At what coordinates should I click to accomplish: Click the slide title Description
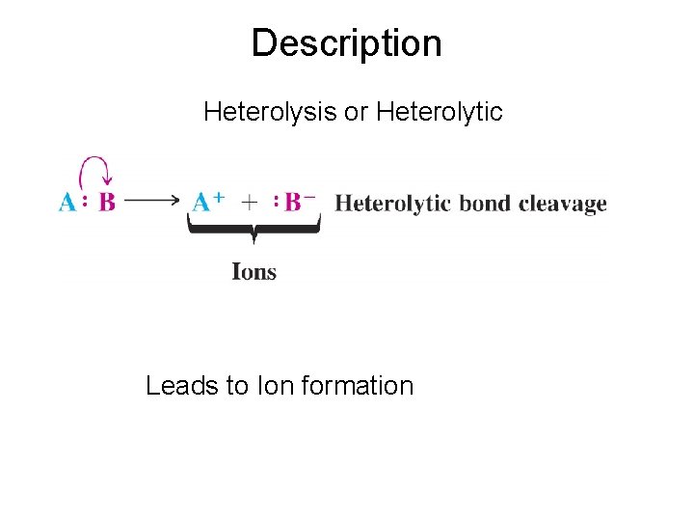[346, 43]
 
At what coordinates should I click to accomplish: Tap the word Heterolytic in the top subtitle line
[440, 113]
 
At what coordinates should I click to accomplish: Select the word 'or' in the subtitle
[357, 113]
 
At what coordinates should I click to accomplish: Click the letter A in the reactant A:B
[67, 203]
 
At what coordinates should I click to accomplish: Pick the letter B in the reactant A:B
[106, 203]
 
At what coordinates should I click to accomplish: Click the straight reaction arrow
[152, 203]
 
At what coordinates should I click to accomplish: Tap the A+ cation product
[207, 203]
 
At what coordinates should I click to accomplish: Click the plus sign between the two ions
[250, 203]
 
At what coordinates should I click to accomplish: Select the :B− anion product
[295, 203]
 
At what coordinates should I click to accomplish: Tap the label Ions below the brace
[254, 272]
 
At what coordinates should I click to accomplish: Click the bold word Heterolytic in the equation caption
[392, 204]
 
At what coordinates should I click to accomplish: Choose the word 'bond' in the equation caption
[485, 204]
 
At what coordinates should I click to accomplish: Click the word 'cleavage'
[563, 204]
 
